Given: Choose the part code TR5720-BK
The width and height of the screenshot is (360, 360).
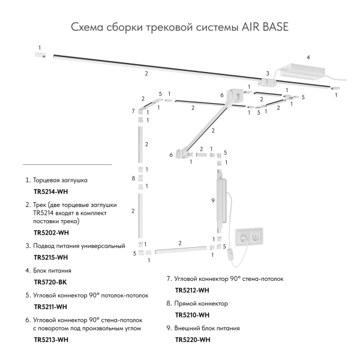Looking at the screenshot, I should coord(50,281).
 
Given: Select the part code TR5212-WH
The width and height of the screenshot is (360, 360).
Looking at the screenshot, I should coord(191,290).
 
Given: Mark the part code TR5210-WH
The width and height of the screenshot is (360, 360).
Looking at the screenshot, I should coord(191,314).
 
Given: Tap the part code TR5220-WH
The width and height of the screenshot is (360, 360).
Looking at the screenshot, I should coord(191,340).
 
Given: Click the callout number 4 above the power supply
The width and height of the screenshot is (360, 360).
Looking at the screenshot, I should coord(308,58).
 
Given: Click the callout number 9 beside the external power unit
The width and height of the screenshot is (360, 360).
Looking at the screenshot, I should coord(212,200).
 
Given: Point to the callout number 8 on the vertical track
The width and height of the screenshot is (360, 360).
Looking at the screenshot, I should coord(132,179).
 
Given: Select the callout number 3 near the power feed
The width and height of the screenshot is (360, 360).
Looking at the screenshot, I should coord(268,73).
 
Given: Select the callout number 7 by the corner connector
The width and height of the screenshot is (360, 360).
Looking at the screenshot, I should coord(133,112).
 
